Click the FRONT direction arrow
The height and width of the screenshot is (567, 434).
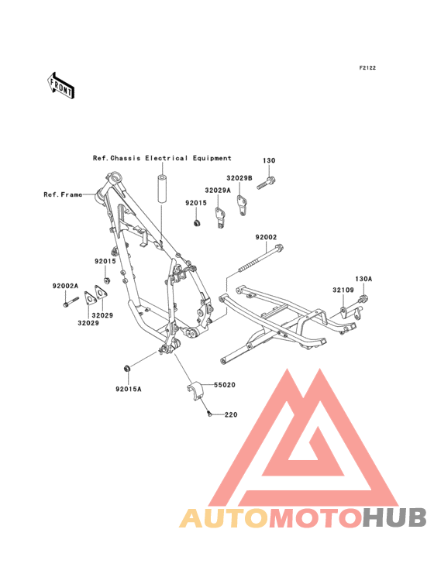coord(60,86)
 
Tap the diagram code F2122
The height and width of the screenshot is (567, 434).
coord(367,68)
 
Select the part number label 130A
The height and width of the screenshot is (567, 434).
coord(363,279)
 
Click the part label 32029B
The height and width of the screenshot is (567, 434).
coord(239,178)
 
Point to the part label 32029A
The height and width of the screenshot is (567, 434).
coord(218,191)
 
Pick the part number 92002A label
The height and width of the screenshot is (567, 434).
coord(65,286)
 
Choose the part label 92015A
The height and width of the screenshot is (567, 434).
coord(129,389)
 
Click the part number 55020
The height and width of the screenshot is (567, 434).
coord(225,385)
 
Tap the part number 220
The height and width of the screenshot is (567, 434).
coord(231,414)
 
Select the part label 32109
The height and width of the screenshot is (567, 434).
coord(343,290)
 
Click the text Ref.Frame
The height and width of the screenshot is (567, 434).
coord(63,195)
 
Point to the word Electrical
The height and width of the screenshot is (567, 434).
coord(167,158)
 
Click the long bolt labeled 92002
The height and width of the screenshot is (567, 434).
coord(260,259)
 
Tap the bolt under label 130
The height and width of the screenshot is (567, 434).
coord(267,183)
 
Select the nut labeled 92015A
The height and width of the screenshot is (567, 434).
coord(126,369)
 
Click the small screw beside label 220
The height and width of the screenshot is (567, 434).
coord(208,413)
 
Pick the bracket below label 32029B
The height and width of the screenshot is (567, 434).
coord(242,205)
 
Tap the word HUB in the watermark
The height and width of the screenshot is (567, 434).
coord(395,517)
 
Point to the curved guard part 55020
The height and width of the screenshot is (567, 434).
coord(195,390)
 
